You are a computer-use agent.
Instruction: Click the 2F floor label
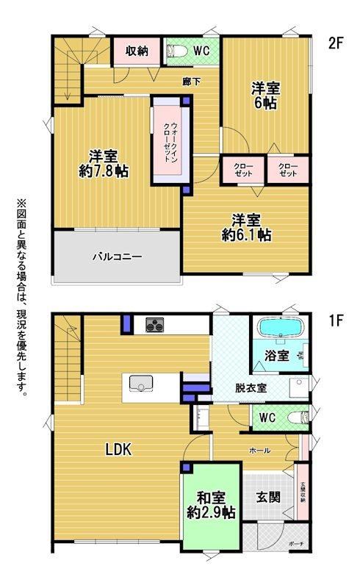click(x=336, y=43)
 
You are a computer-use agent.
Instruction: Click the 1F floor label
click(x=336, y=320)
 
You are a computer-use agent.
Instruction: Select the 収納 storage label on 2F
click(x=137, y=51)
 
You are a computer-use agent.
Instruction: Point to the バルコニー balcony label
click(x=118, y=257)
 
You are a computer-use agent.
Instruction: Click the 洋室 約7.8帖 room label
click(x=104, y=163)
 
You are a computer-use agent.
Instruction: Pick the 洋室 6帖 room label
click(x=266, y=96)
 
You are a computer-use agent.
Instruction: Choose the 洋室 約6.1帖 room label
click(x=246, y=228)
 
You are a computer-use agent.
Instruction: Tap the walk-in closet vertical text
click(x=170, y=142)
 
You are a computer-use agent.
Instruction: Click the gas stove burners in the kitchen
click(x=155, y=324)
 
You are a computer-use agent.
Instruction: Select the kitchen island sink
click(x=141, y=384)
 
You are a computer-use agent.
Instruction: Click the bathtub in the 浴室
click(x=280, y=328)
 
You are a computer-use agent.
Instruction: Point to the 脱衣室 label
click(x=251, y=388)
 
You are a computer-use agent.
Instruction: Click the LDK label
click(x=118, y=449)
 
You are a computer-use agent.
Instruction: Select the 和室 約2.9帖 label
click(x=211, y=505)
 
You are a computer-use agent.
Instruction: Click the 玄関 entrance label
click(x=268, y=498)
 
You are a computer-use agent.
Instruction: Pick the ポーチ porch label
click(x=296, y=543)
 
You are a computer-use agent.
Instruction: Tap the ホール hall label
click(x=260, y=451)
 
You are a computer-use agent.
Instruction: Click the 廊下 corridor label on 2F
click(x=191, y=82)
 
